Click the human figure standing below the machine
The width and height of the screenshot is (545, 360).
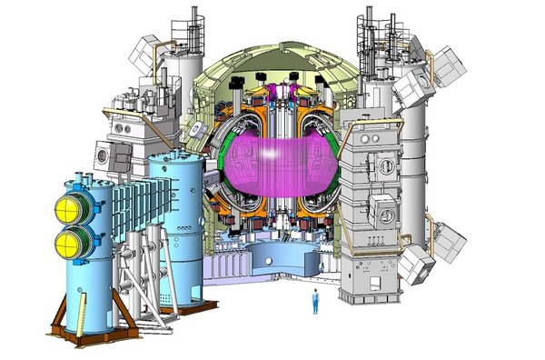315,300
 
